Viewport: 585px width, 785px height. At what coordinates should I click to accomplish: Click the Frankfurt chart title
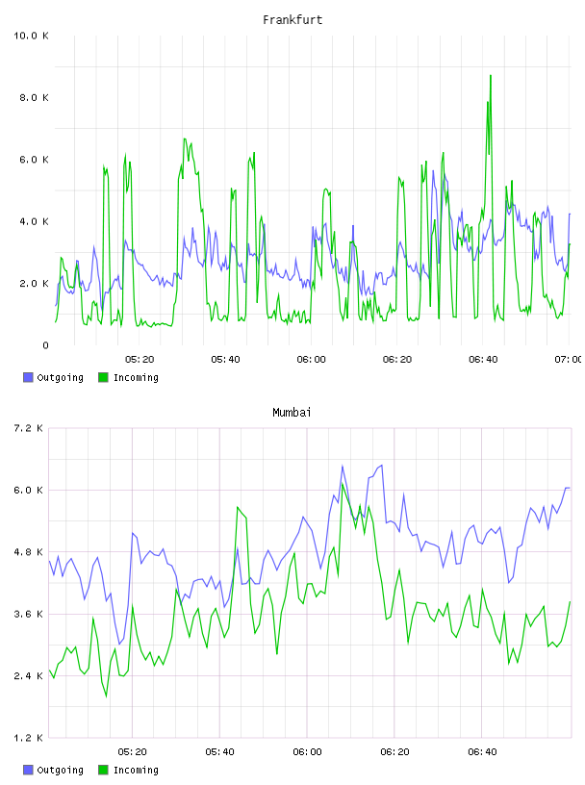[x=292, y=20]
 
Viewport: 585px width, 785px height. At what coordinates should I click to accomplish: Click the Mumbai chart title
[x=292, y=413]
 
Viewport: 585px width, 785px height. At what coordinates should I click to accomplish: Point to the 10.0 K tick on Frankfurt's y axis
[x=31, y=36]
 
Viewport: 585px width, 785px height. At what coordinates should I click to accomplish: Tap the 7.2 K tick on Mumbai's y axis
[x=28, y=428]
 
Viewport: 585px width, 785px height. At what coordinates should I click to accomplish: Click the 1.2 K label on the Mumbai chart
[x=28, y=738]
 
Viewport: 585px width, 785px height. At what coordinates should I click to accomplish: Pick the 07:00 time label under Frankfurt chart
[x=569, y=360]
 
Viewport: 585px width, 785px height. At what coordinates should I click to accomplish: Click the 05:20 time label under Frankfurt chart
[x=140, y=360]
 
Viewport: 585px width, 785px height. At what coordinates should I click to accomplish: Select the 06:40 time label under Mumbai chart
[x=482, y=752]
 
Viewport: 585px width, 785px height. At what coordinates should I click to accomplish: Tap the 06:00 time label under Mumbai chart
[x=307, y=752]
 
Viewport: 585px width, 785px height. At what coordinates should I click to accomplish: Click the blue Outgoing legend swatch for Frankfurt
[x=28, y=377]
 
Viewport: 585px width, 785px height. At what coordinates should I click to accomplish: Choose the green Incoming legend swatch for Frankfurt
[x=103, y=377]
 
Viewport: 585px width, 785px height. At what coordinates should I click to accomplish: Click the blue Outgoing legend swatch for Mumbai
[x=28, y=770]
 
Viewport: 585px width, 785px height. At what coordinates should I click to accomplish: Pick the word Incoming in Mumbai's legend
[x=136, y=770]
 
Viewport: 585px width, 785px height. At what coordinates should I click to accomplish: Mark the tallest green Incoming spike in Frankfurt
[x=491, y=76]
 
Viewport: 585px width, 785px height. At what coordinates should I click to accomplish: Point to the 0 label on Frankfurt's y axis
[x=45, y=345]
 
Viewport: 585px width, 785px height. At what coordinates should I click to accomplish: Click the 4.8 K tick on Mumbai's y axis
[x=28, y=552]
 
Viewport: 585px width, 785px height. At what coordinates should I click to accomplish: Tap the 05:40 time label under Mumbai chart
[x=219, y=752]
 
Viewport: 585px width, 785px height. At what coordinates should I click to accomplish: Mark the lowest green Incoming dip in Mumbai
[x=106, y=696]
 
